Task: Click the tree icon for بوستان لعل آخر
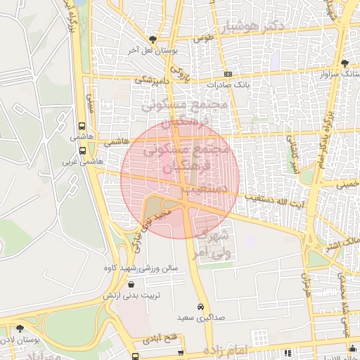point(153,39)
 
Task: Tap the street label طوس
point(203,37)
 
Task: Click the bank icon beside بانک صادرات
point(228,74)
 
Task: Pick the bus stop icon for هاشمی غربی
point(83,150)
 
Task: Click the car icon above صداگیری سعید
point(201,307)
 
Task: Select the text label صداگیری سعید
point(200,318)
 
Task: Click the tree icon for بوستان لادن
point(19,328)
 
